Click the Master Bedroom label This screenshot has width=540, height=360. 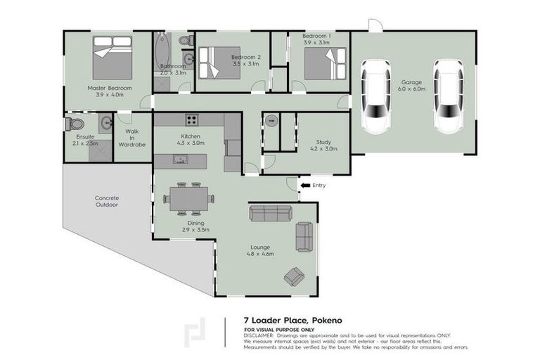click(110, 88)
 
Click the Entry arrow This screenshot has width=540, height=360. click(305, 186)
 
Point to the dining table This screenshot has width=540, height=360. click(188, 198)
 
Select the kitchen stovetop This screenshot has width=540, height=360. click(191, 119)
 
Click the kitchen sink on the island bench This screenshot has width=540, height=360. click(181, 160)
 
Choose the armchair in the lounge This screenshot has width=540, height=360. click(294, 276)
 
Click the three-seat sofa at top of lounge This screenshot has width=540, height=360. click(270, 213)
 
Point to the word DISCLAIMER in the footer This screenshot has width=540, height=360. click(260, 335)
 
